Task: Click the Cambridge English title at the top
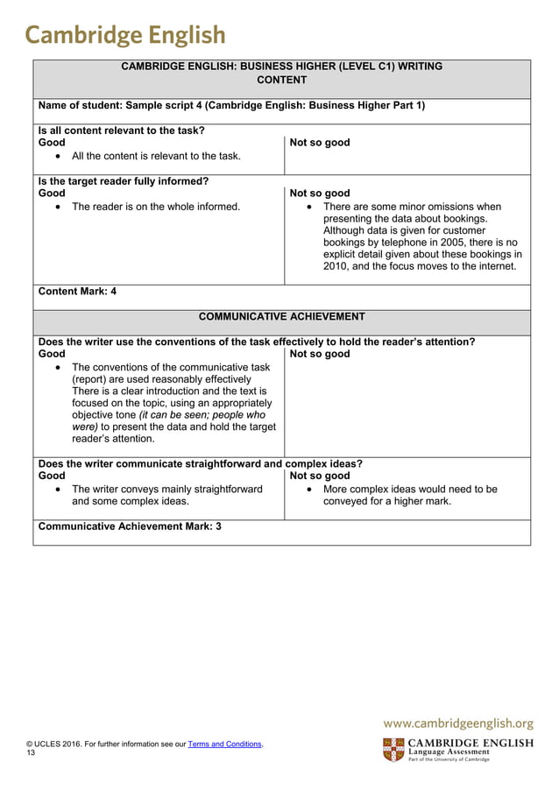(124, 34)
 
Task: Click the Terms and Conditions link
(225, 744)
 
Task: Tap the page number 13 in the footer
(31, 752)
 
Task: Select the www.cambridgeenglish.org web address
(458, 723)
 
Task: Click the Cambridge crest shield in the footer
(393, 750)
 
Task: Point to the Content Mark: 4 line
(78, 292)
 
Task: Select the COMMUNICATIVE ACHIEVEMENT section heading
(281, 316)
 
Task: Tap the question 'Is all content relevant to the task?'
(122, 130)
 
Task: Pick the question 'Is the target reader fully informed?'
(124, 181)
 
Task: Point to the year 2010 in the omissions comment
(337, 266)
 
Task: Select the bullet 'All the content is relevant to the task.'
(156, 156)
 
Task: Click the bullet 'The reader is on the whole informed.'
(155, 207)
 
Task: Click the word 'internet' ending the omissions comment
(495, 266)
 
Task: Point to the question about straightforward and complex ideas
(201, 464)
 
